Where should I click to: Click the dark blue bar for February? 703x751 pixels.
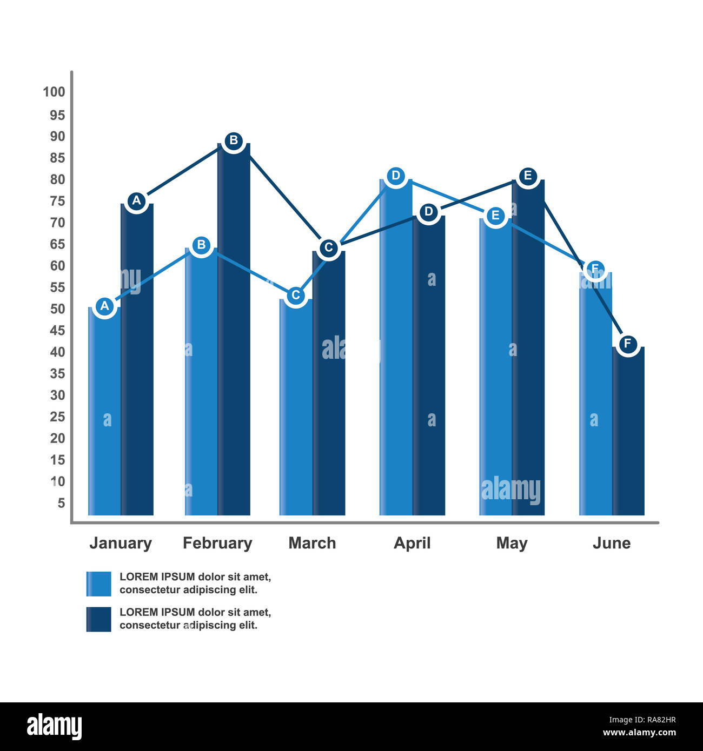[234, 335]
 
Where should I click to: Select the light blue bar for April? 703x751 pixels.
[396, 351]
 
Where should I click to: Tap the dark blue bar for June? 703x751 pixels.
[628, 432]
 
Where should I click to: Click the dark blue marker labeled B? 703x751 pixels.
[234, 140]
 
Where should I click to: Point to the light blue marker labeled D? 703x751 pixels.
[396, 176]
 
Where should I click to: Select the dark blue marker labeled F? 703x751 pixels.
[627, 343]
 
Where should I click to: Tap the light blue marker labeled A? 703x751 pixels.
[105, 306]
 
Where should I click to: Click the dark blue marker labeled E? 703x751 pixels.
[528, 176]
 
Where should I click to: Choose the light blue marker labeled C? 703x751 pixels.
[295, 295]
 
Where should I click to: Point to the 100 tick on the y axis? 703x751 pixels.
[54, 92]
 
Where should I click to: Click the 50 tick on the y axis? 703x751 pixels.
[57, 309]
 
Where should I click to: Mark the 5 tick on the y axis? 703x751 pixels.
[61, 503]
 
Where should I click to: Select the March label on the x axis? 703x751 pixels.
[312, 543]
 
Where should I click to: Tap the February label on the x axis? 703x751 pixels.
[217, 543]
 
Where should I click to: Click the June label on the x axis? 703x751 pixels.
[611, 543]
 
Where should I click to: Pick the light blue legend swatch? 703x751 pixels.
[98, 584]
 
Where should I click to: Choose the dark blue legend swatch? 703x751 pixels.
[98, 619]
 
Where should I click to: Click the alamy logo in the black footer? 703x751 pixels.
[55, 727]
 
